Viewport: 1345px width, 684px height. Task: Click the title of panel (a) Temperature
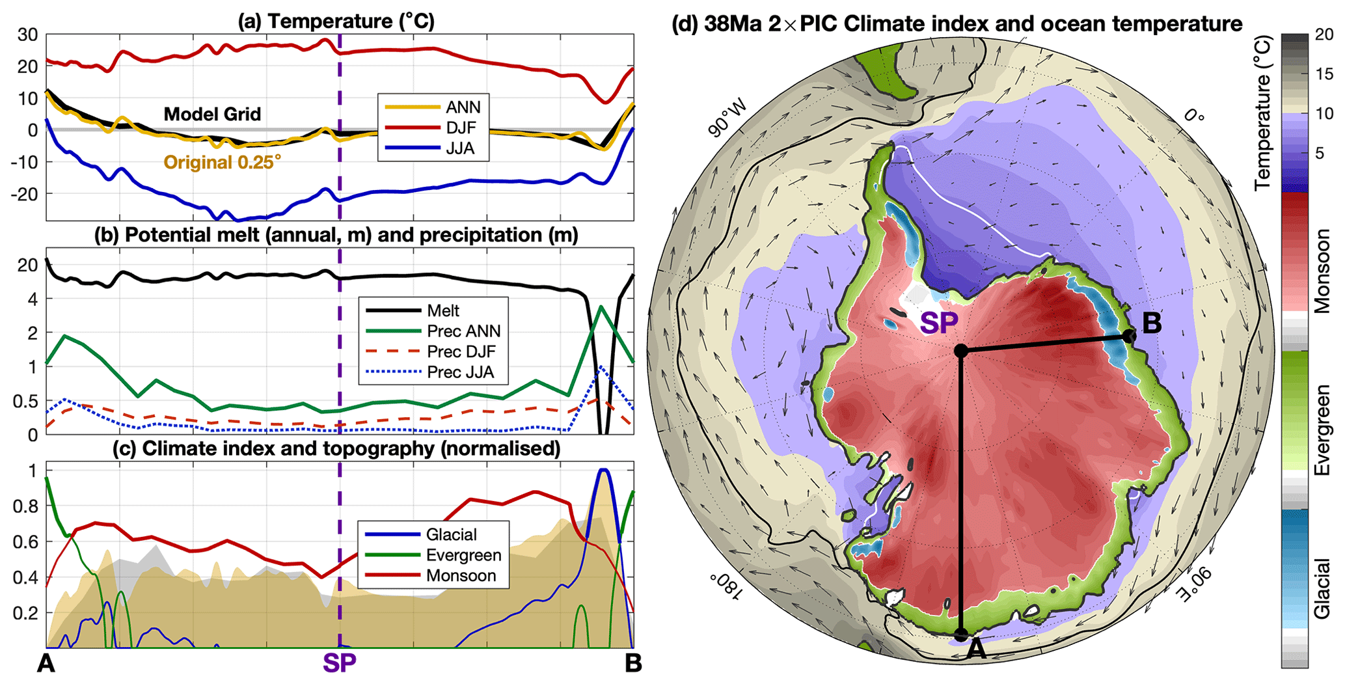336,21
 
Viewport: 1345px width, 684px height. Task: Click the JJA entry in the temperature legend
460,148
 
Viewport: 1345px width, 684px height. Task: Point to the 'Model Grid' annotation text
212,115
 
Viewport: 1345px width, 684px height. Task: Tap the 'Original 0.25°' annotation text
223,162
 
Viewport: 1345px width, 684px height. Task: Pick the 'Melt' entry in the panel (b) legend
443,310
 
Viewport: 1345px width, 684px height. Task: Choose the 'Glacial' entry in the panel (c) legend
451,535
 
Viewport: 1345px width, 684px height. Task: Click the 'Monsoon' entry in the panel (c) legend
461,575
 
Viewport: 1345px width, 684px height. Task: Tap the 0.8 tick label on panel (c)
26,506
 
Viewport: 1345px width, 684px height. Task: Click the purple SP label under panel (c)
339,663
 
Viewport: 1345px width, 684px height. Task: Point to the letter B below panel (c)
632,663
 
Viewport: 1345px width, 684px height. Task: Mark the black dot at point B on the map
1130,336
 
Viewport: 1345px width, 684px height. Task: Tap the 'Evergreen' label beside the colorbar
1321,430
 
